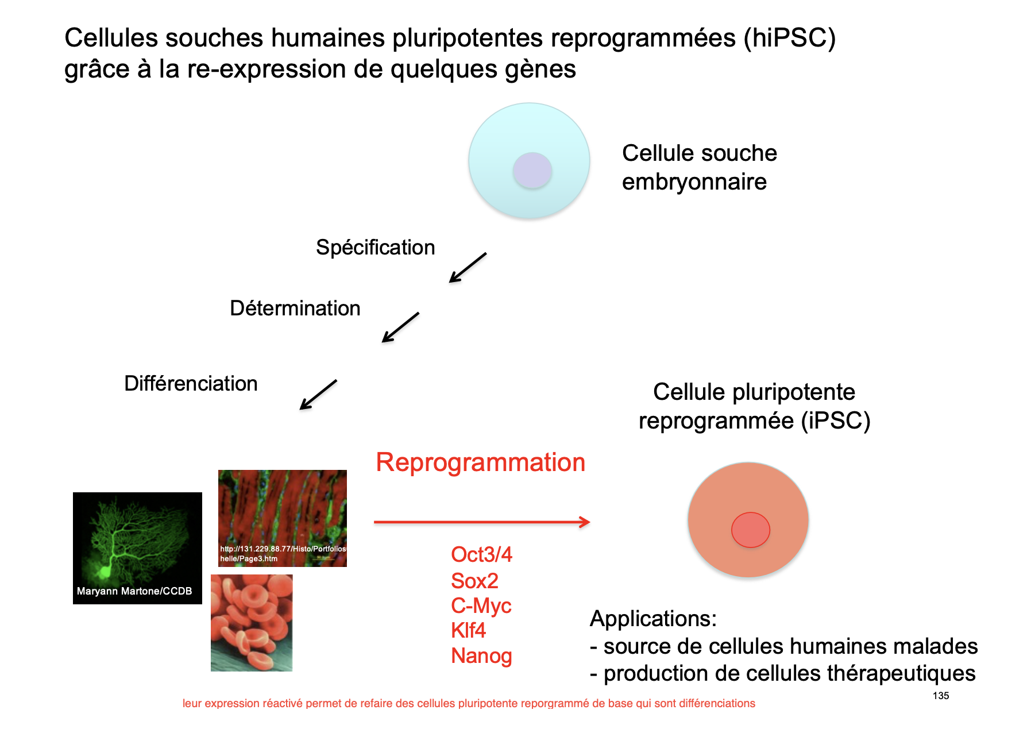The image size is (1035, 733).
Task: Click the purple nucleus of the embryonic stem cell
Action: [x=532, y=170]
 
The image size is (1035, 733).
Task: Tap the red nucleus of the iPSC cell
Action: [x=750, y=530]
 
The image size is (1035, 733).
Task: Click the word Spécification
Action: [x=376, y=248]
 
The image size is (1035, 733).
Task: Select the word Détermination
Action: [x=295, y=308]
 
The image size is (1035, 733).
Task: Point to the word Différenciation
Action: [x=191, y=384]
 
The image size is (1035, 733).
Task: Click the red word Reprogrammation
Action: [x=481, y=462]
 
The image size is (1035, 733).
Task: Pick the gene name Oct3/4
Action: [x=481, y=554]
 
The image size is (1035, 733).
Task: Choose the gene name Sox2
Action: [x=474, y=581]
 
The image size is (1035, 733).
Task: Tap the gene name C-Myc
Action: [x=481, y=606]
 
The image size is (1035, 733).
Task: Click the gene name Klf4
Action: [x=468, y=631]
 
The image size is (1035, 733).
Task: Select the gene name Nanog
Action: [x=481, y=656]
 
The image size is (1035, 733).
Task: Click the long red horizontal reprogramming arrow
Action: [x=482, y=522]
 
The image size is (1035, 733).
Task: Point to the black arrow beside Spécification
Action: [x=468, y=268]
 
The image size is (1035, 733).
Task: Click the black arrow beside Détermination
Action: [x=400, y=327]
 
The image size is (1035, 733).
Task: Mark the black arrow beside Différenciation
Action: [x=318, y=395]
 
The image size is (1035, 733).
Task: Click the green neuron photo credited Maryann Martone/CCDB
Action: [x=137, y=548]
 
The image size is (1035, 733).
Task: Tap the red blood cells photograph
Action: [x=252, y=623]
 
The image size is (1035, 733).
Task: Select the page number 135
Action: [x=941, y=696]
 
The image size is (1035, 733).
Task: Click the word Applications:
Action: [x=654, y=619]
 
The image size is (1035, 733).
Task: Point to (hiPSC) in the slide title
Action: [x=790, y=38]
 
